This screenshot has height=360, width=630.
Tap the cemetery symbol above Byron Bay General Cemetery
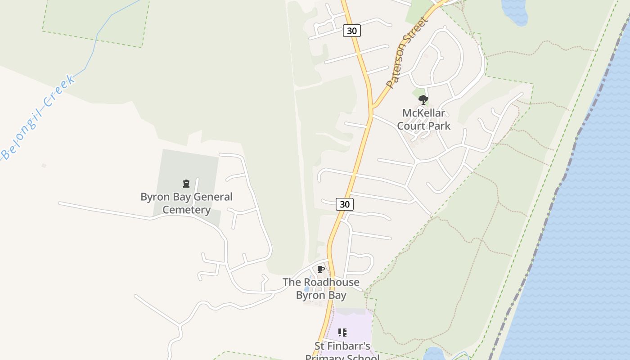coord(186,184)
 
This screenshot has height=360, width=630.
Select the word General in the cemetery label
coord(211,197)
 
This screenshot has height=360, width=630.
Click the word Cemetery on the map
coord(186,210)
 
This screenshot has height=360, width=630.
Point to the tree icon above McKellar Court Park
coord(423,100)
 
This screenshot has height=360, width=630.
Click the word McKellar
coord(423,113)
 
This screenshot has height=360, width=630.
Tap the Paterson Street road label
coord(405,53)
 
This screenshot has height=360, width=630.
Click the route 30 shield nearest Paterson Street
coord(352,31)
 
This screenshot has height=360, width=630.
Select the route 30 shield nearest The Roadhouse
coord(344,204)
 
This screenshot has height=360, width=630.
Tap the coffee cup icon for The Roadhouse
coord(320,270)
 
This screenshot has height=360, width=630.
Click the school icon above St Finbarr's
coord(342,333)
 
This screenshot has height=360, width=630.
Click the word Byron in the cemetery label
coord(155,197)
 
